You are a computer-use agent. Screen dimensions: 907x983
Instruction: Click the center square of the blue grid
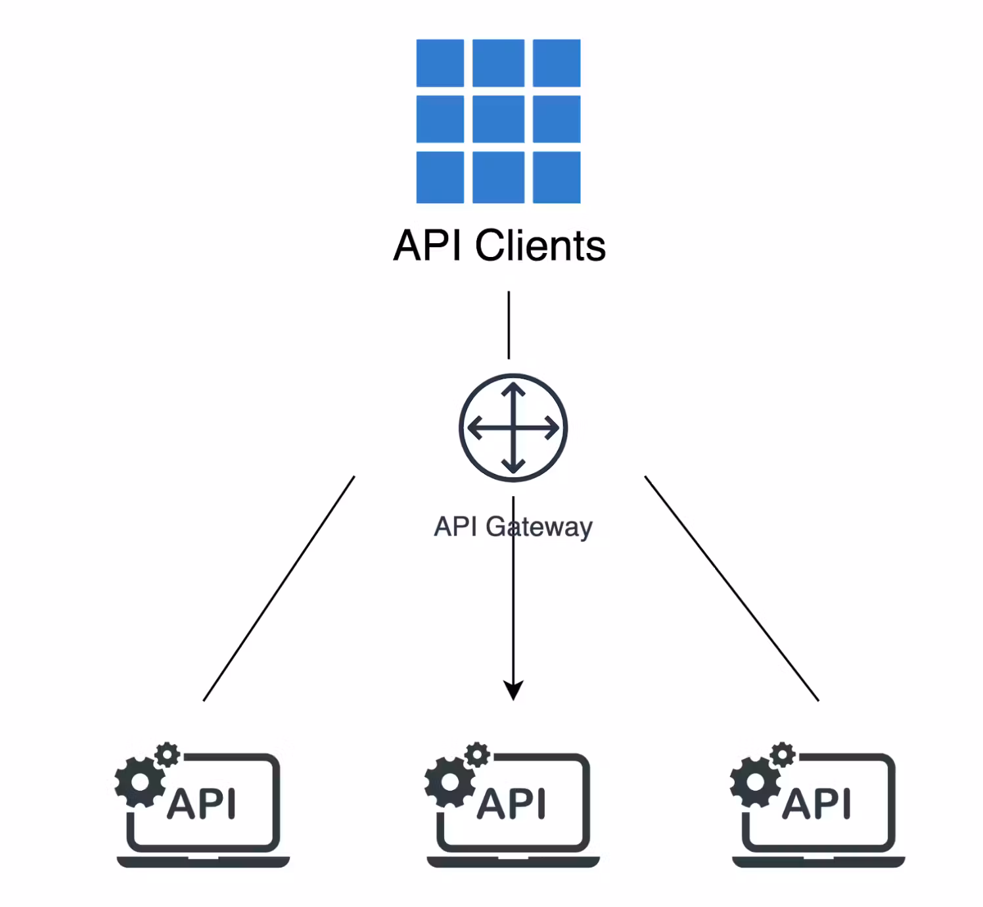(x=498, y=119)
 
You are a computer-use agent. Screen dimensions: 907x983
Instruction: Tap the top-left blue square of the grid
(x=440, y=63)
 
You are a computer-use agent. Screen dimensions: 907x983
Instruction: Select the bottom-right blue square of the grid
(x=557, y=177)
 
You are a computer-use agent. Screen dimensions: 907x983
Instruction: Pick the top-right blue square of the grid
(x=557, y=63)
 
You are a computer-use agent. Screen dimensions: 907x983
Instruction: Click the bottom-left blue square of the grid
(x=440, y=177)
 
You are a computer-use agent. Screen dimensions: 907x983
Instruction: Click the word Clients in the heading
(x=540, y=246)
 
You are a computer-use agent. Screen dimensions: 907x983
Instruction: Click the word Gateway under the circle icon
(x=539, y=527)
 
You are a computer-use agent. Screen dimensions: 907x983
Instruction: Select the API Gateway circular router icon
(x=513, y=428)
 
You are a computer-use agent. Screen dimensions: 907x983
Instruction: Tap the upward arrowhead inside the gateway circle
(x=513, y=390)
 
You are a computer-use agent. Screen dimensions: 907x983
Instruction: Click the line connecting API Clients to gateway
(x=509, y=325)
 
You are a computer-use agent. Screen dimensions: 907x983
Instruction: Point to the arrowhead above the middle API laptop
(x=513, y=690)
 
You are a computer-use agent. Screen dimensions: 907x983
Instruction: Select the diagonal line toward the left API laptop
(x=279, y=588)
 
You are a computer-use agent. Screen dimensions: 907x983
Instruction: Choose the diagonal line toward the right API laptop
(x=731, y=588)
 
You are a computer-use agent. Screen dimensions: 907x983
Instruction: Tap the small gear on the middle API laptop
(x=477, y=755)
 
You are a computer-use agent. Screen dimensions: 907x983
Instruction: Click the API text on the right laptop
(x=817, y=804)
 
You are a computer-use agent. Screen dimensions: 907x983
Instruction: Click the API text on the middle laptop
(x=511, y=804)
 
